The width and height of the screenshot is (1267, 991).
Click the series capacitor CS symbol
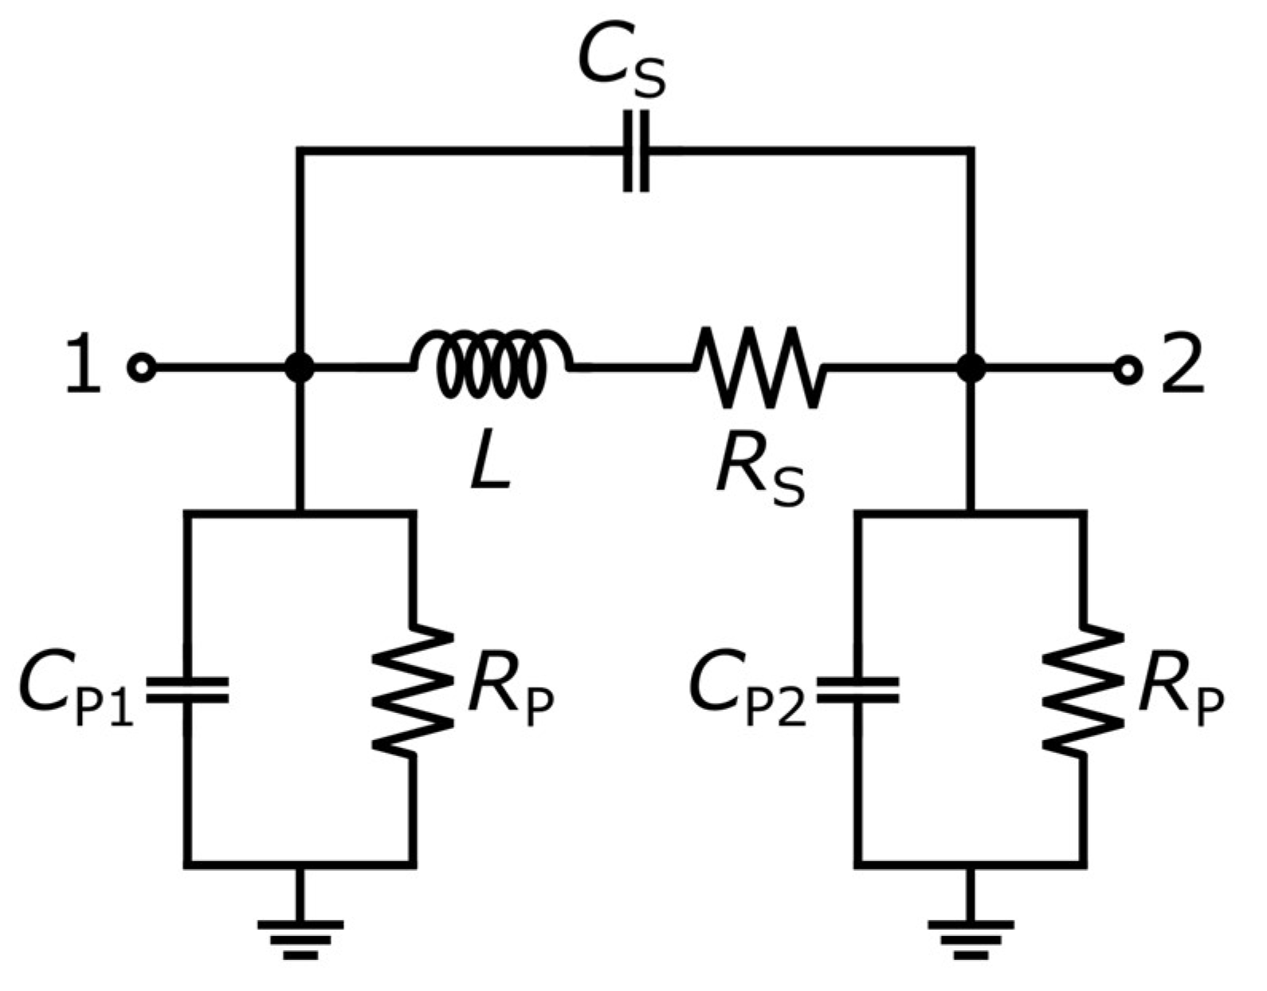(x=635, y=150)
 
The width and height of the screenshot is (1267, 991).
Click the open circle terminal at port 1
(x=141, y=368)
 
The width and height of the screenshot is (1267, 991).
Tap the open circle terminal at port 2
(x=1127, y=368)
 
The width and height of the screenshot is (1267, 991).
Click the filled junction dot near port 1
(x=300, y=368)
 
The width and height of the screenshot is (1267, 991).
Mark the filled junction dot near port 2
(x=971, y=368)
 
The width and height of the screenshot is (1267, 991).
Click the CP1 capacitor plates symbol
(x=189, y=690)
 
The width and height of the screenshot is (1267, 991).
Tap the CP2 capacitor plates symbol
(x=859, y=690)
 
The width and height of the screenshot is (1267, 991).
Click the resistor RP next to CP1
(x=413, y=690)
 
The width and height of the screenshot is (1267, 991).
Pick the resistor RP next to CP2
(x=1084, y=690)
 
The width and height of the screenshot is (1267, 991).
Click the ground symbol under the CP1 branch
(x=300, y=936)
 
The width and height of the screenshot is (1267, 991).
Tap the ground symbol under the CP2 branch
(x=971, y=936)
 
